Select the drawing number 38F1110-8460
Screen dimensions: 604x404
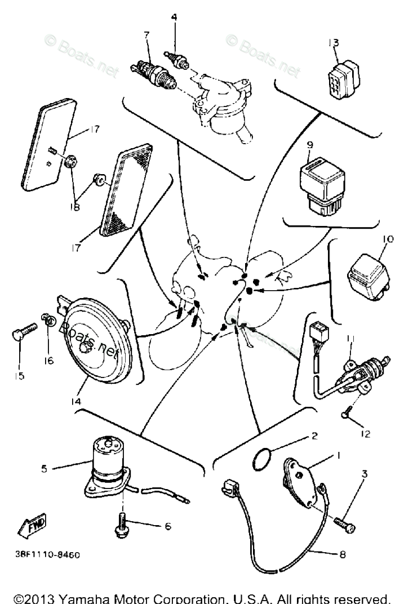48,554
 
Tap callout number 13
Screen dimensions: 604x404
334,43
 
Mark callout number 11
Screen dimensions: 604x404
350,338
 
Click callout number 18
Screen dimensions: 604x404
75,207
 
